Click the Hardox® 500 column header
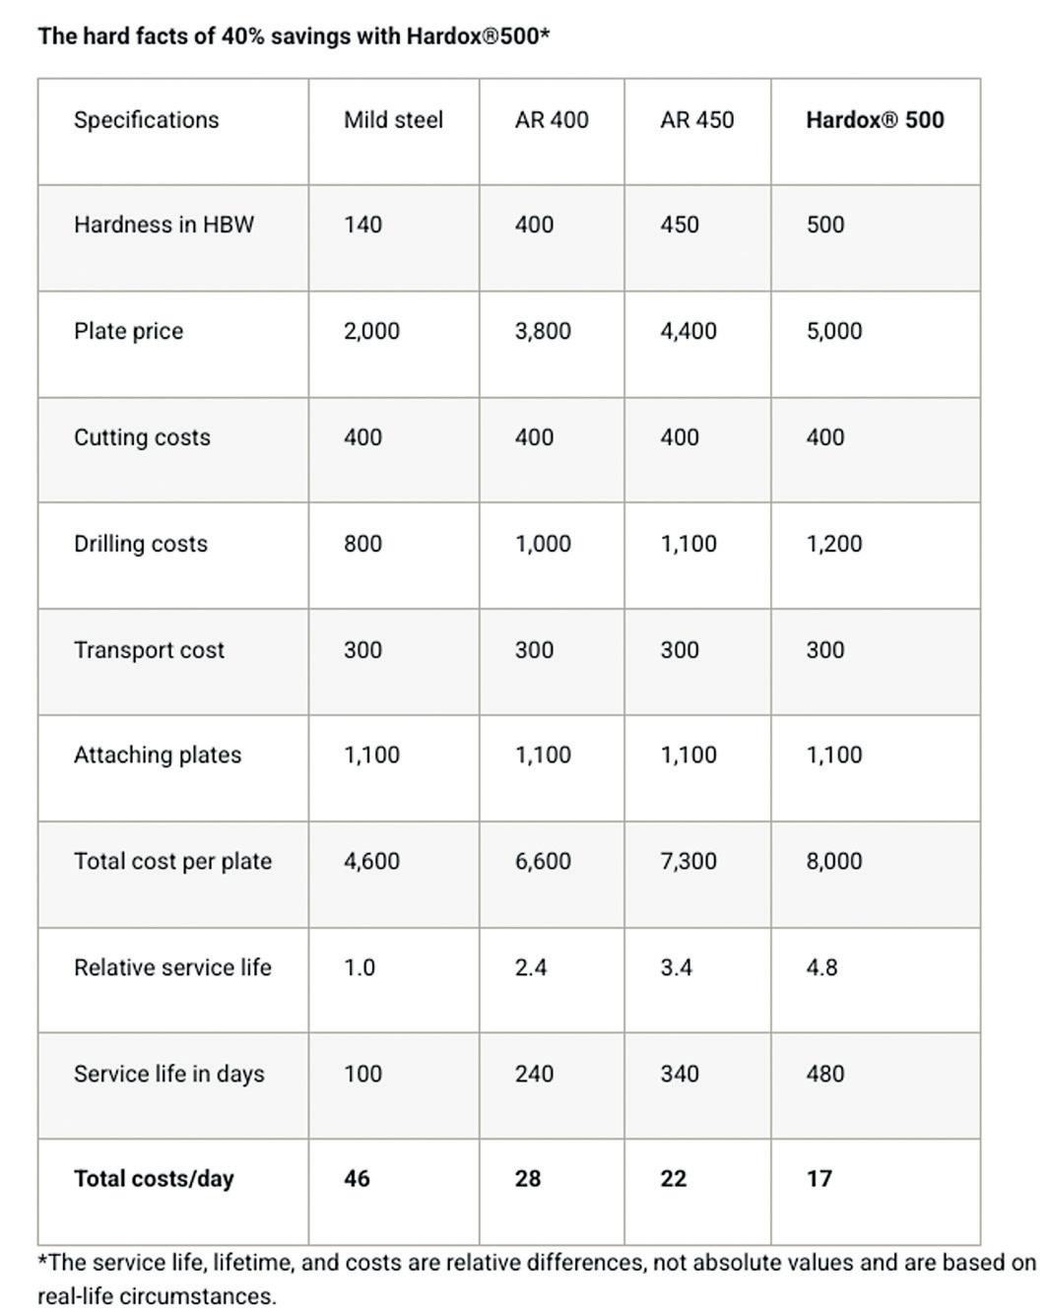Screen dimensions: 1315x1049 tap(874, 120)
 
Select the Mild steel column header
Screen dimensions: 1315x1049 tap(393, 120)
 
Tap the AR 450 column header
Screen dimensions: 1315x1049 tap(696, 120)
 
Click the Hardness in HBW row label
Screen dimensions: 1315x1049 tap(164, 225)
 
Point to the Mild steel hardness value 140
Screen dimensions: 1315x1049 tap(362, 225)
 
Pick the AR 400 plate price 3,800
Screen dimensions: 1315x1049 tap(543, 331)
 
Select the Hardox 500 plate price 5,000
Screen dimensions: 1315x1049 tap(833, 331)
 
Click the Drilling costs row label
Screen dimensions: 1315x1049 tap(141, 544)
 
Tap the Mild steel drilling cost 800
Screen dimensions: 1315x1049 tap(362, 544)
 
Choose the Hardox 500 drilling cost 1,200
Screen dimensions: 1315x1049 tap(833, 544)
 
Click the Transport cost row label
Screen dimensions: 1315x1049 tap(149, 650)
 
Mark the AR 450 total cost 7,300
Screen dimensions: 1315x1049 tap(688, 861)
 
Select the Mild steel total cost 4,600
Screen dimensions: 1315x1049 tap(371, 861)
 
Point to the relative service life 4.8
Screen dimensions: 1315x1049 tap(821, 967)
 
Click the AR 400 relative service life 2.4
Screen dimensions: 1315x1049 tap(531, 967)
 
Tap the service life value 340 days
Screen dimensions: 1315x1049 tap(680, 1074)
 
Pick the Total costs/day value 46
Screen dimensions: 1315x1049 tap(357, 1179)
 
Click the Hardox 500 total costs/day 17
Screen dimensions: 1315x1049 tap(819, 1179)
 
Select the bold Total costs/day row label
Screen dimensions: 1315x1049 tap(154, 1179)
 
